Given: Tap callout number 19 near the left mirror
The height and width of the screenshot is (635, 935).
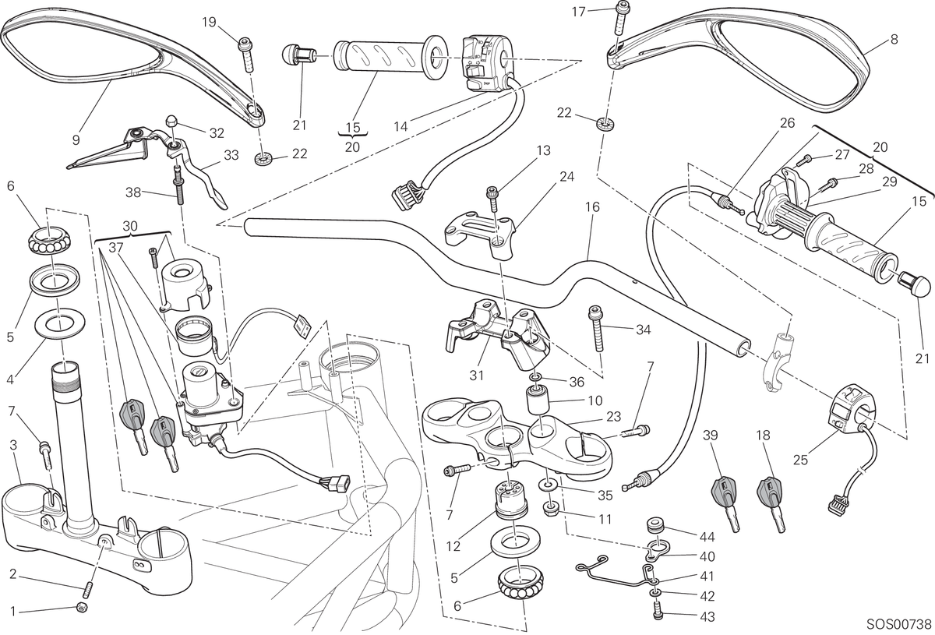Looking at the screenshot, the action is point(209,22).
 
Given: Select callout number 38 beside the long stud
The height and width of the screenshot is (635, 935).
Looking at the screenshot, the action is point(133,192).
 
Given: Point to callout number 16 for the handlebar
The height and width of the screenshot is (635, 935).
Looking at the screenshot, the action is point(592,207).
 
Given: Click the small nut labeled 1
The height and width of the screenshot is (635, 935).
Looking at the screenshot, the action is point(82,607).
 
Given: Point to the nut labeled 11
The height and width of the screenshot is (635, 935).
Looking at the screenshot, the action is point(551,510).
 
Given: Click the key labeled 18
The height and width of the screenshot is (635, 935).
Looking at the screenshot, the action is point(771,504).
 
